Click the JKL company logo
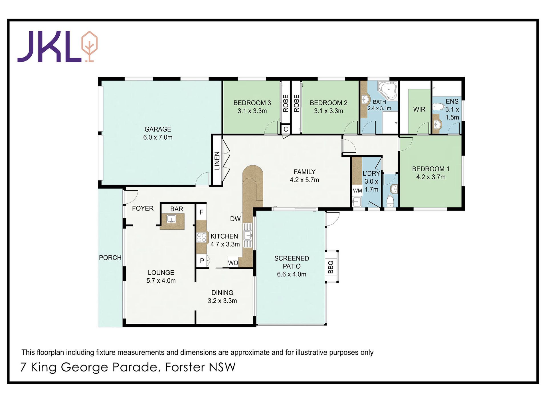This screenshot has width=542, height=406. (57, 47)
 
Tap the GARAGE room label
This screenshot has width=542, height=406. (158, 129)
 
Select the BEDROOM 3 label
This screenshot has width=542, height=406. (252, 103)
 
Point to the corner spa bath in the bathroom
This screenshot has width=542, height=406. (388, 91)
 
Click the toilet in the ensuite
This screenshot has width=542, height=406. (438, 107)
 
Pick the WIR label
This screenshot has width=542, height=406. (419, 109)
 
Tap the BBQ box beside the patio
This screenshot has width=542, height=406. (331, 267)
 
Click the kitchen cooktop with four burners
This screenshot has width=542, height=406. (202, 237)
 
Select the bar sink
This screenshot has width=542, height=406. (171, 219)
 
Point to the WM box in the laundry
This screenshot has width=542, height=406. (357, 191)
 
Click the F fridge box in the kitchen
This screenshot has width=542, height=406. (201, 212)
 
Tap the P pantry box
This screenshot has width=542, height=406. (202, 261)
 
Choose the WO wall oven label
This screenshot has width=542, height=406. (233, 263)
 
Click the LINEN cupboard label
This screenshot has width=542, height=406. (217, 161)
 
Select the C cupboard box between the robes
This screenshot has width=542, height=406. (286, 129)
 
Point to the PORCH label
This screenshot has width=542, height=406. (110, 258)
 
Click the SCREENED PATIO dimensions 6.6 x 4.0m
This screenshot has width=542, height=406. (292, 274)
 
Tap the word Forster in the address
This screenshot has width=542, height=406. (185, 367)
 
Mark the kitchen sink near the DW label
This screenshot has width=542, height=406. (248, 236)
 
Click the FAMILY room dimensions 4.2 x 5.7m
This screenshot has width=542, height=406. (304, 180)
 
